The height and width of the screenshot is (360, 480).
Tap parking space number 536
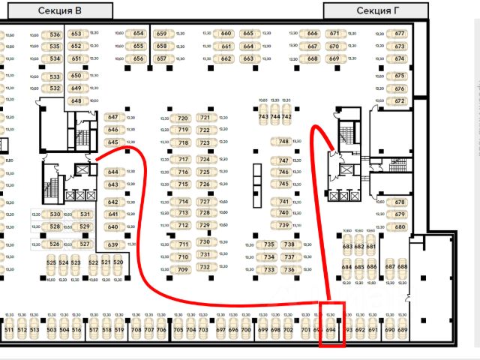pos(54,34)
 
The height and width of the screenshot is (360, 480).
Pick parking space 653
pos(76,34)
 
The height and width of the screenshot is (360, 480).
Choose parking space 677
pos(399,34)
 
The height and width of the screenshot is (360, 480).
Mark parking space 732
pos(204,267)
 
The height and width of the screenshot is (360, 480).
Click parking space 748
pos(283,141)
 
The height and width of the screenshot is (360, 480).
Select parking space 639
pos(113,245)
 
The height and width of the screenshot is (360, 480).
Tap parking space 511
pos(9,329)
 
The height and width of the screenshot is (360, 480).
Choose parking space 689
pos(403,329)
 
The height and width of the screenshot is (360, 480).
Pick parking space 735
pos(269,244)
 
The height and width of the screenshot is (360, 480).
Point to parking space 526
pos(54,244)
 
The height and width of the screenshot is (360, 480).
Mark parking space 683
pos(347,247)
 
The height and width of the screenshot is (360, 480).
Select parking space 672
pos(400,100)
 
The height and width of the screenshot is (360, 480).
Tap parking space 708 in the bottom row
pos(136,329)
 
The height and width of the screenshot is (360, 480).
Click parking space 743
pos(263,117)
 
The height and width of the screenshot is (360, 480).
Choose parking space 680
pos(400,226)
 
